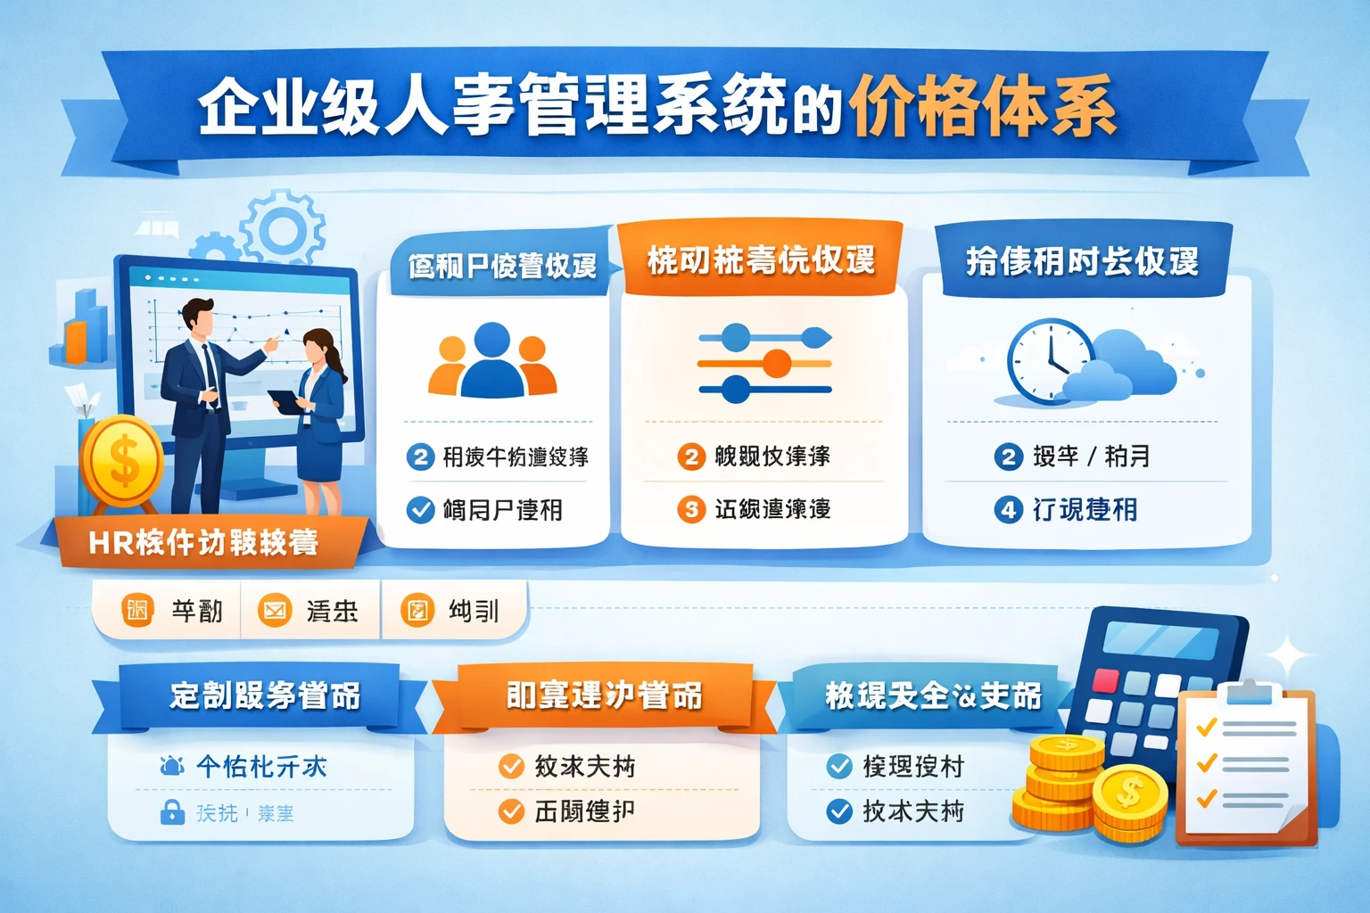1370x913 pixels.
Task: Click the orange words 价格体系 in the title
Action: click(981, 107)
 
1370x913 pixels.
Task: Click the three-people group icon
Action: click(492, 361)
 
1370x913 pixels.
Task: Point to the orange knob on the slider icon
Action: click(777, 364)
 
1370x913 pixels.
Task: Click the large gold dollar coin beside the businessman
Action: click(122, 462)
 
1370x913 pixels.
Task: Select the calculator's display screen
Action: click(1160, 641)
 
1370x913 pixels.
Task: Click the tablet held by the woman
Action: click(285, 401)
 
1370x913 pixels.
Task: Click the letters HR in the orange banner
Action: click(111, 542)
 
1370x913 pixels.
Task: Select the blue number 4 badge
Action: click(1008, 510)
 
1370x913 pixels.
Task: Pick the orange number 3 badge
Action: click(690, 509)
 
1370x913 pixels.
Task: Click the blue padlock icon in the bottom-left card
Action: click(172, 811)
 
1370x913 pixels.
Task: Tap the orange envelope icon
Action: click(274, 611)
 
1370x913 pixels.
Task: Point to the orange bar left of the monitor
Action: click(77, 340)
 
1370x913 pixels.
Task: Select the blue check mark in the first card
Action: click(420, 510)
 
